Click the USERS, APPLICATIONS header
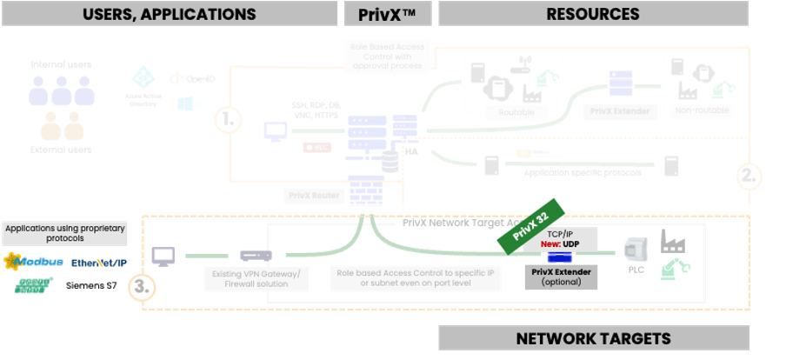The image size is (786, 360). (169, 14)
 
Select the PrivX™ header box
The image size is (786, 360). (387, 14)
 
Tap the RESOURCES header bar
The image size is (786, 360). (592, 14)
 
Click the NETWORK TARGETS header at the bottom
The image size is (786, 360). (593, 338)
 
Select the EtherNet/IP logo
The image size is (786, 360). (98, 262)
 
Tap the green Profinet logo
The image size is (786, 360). (32, 285)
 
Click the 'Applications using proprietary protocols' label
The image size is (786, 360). (64, 233)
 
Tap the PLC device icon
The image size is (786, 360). (635, 253)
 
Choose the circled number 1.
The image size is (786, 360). (228, 120)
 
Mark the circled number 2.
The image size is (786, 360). (746, 174)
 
